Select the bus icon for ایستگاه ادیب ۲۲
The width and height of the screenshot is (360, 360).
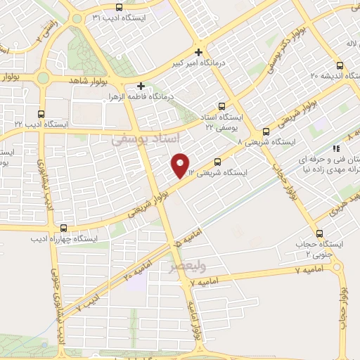[x=41, y=113]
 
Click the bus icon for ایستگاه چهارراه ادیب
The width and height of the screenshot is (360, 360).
[x=64, y=228]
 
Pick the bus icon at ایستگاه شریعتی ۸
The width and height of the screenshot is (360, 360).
[x=266, y=131]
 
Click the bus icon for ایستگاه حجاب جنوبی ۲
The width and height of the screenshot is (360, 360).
[x=320, y=233]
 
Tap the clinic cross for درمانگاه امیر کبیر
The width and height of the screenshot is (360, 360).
[x=200, y=52]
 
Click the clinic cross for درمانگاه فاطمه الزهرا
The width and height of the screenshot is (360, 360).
[x=141, y=86]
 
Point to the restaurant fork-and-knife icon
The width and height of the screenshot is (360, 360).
[x=336, y=148]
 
